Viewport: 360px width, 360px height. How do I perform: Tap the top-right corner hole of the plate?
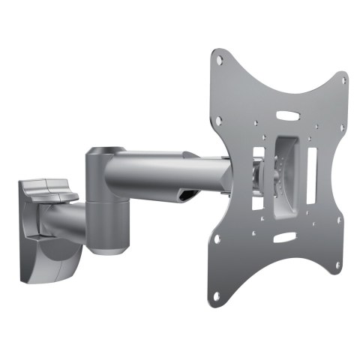pyautogui.click(x=342, y=80)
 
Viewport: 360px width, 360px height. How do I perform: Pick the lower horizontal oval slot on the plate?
pyautogui.click(x=285, y=239)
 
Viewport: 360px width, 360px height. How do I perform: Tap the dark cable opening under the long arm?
pyautogui.click(x=187, y=196)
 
